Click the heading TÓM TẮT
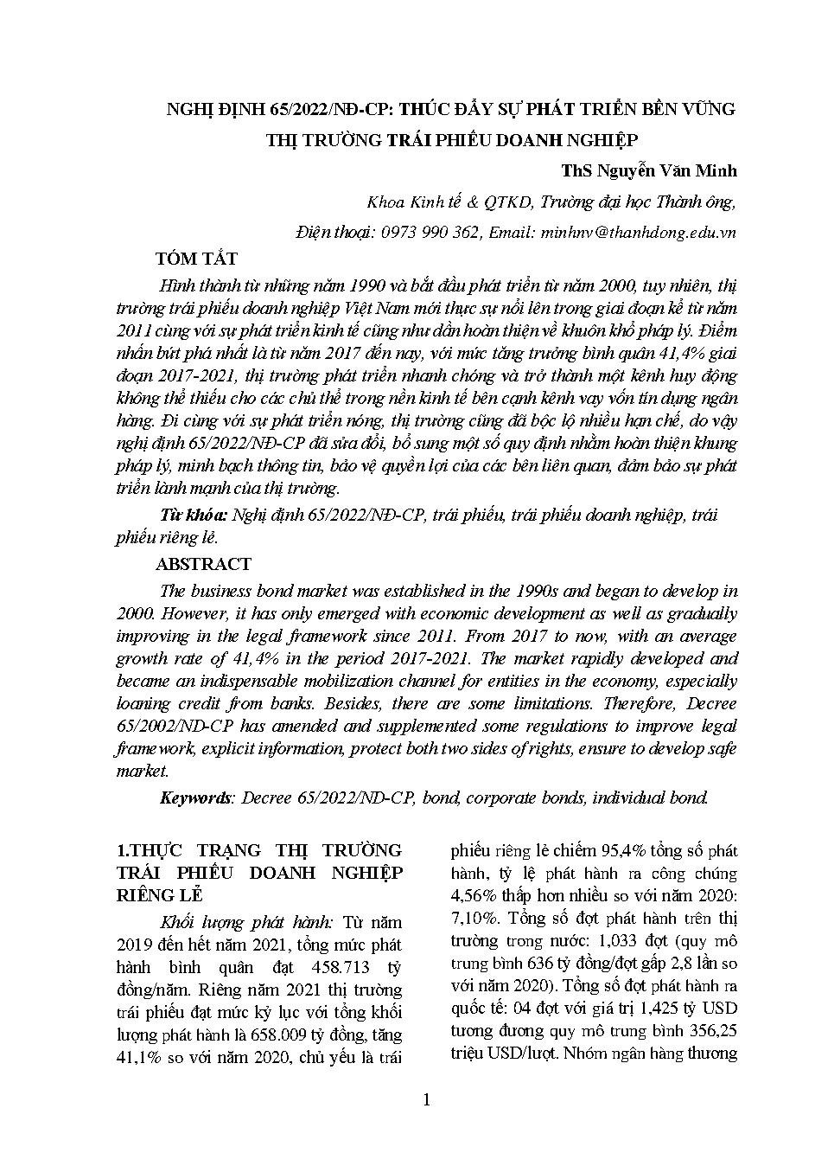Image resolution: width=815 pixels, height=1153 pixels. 196,259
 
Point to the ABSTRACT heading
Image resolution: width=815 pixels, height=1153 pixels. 203,564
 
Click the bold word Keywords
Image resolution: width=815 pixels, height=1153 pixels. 196,797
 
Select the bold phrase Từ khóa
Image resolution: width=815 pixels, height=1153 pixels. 194,515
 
